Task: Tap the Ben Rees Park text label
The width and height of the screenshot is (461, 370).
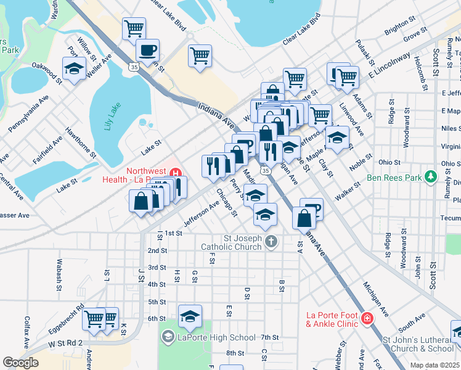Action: click(x=393, y=178)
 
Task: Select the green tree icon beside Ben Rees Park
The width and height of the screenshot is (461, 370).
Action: click(x=431, y=178)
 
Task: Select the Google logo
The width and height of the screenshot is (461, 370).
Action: click(x=20, y=363)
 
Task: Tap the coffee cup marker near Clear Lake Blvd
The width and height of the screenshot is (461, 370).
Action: click(x=148, y=50)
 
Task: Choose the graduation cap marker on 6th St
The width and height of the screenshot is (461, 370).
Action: click(x=190, y=318)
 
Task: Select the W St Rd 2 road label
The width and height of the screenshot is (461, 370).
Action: click(x=61, y=342)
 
